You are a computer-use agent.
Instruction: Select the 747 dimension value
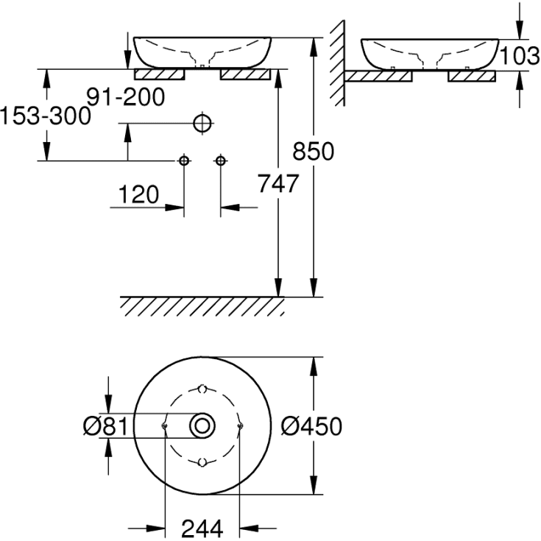[277, 183]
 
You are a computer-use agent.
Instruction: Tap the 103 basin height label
[520, 54]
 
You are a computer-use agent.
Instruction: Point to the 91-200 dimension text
[124, 96]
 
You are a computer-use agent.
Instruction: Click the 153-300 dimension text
[44, 116]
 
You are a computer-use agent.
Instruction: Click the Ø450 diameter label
[313, 426]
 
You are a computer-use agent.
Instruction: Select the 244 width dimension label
[202, 527]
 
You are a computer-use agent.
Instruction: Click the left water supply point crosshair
[184, 160]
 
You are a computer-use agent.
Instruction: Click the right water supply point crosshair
[219, 160]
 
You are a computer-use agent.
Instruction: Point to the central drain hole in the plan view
[202, 425]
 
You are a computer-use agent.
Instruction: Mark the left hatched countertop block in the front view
[158, 74]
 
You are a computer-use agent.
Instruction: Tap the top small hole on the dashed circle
[202, 388]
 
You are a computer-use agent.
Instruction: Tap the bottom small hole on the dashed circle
[202, 462]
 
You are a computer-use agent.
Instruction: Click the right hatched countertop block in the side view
[472, 76]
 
